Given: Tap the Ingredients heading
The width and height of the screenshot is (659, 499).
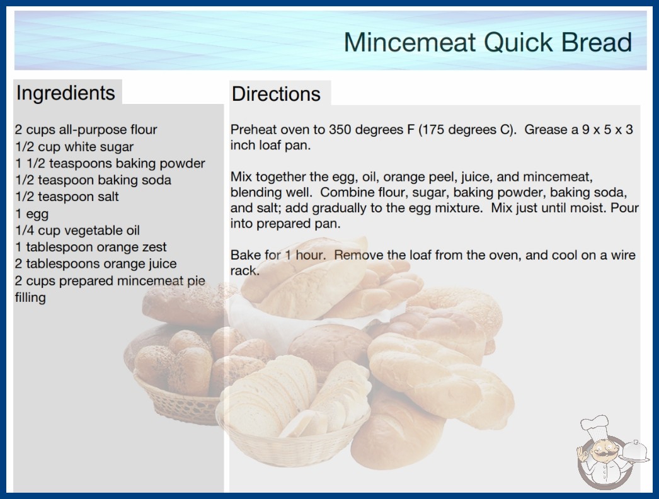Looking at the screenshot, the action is point(66,93).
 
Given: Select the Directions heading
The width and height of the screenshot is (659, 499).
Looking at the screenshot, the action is point(276,94).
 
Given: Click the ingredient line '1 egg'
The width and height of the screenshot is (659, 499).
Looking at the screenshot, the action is point(32,214).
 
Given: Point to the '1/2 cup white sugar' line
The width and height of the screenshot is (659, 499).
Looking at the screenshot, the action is point(74,147).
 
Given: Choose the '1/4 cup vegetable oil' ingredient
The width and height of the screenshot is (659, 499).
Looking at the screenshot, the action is point(77,231).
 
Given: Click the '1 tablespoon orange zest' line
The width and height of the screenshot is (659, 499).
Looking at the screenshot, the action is point(91,247).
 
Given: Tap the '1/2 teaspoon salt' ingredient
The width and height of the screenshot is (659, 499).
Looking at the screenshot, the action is point(67,197).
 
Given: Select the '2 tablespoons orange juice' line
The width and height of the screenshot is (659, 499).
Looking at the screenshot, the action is point(96,264).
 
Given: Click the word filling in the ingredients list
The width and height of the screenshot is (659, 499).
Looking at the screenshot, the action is point(30,297).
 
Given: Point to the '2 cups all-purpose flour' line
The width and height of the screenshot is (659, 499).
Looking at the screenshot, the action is point(86,130).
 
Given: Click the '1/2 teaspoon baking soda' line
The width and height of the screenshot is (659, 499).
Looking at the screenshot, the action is point(93,180).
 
